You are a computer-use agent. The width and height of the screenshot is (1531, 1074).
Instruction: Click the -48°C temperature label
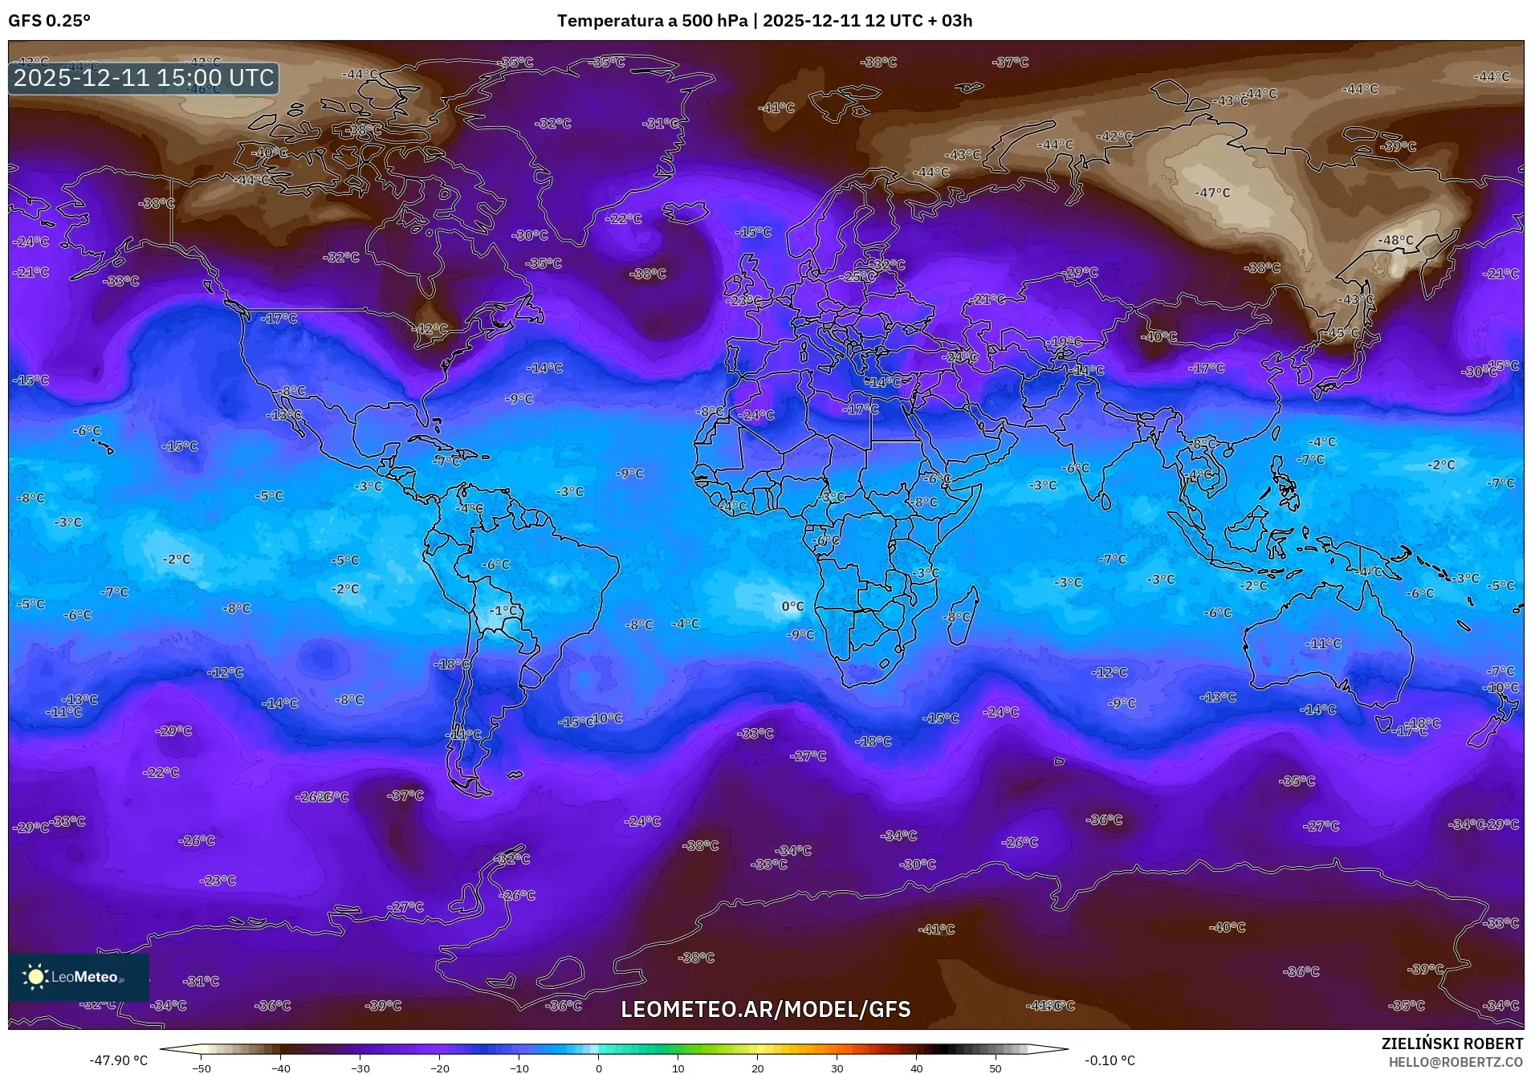coord(1395,240)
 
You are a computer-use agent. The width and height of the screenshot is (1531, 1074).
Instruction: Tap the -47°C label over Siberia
coord(1211,193)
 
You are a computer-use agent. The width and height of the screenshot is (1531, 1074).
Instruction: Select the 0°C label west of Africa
coord(792,606)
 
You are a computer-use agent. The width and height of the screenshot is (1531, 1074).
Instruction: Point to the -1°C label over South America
coord(504,611)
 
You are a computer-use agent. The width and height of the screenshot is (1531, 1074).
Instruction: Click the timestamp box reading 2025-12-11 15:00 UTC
coord(144,78)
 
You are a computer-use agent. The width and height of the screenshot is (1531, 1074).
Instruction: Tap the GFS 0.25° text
coord(49,21)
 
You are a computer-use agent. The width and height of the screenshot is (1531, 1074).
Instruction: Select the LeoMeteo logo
coord(78,977)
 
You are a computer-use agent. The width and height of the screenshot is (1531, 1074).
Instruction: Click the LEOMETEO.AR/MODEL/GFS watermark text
coord(765,1009)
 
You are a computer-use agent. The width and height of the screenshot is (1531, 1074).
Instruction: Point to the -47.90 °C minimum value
coord(118,1060)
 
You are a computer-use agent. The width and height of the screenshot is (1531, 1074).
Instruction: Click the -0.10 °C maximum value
coord(1110,1060)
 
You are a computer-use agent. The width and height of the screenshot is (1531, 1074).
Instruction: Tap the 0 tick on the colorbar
coord(598,1068)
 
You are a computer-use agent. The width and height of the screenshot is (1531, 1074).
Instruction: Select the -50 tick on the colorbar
coord(202,1068)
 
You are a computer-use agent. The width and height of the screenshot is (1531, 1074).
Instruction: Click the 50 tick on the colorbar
coord(995,1068)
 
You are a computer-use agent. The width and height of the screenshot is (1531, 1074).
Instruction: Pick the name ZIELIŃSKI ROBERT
coord(1452,1043)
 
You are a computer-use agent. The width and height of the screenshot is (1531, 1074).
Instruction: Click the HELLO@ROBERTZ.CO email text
coord(1456,1061)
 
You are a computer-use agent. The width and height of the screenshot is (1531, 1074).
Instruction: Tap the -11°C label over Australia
coord(1322,644)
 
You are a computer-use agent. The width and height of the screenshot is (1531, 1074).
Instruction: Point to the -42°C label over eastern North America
coord(430,329)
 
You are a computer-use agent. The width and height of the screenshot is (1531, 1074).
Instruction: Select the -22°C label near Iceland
coord(623,219)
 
